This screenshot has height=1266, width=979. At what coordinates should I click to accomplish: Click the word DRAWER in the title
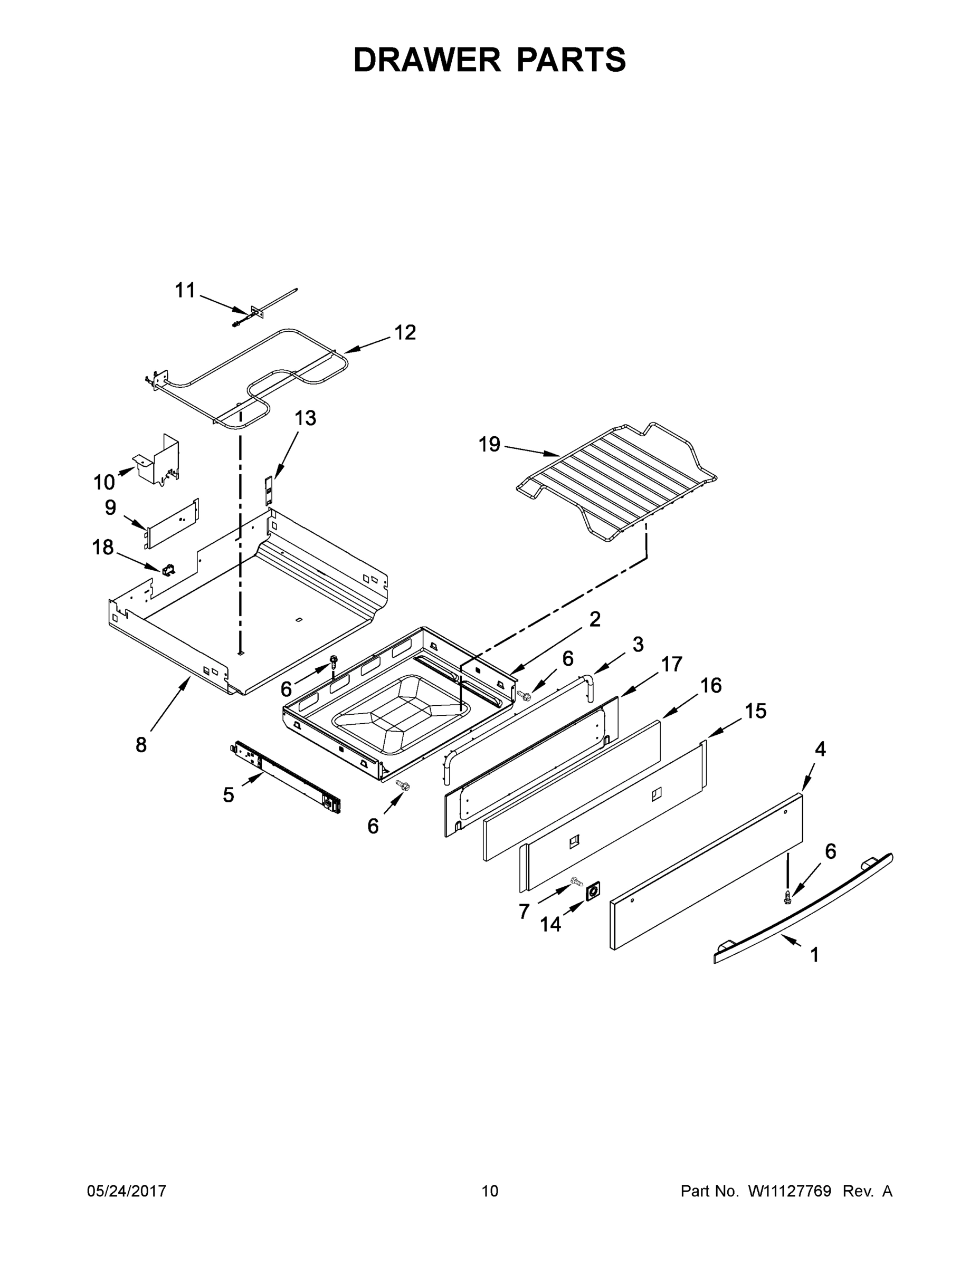(x=427, y=60)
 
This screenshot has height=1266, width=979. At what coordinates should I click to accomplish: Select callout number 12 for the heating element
(x=405, y=333)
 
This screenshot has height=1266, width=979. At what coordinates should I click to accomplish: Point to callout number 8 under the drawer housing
(x=141, y=745)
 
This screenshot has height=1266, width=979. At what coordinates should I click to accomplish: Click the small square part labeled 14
(x=592, y=892)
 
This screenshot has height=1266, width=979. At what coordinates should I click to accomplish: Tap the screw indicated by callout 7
(x=576, y=881)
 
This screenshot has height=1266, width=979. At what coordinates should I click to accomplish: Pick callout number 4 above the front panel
(x=820, y=750)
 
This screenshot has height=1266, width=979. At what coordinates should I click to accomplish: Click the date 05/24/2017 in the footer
(x=127, y=1191)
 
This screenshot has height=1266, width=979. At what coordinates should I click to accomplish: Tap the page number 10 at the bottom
(x=490, y=1191)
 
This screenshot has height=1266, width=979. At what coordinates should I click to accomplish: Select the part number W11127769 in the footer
(x=790, y=1191)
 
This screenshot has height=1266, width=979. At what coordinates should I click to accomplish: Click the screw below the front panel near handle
(x=787, y=898)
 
